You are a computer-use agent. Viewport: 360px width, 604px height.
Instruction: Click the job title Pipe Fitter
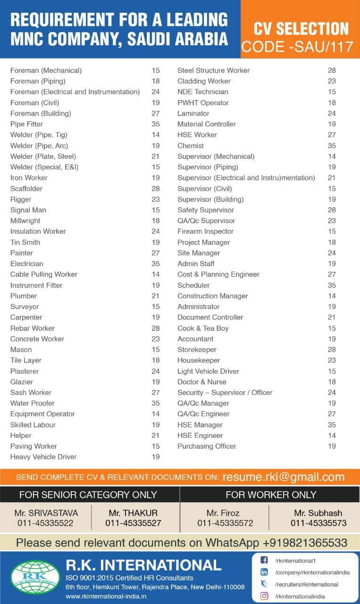tap(26, 124)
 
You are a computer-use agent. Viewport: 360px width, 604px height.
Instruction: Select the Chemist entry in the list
tap(191, 146)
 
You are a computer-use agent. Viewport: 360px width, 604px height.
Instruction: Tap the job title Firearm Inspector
tap(205, 231)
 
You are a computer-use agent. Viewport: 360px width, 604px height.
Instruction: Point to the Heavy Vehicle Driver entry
tap(43, 457)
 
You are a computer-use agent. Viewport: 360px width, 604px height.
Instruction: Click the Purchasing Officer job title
tap(207, 446)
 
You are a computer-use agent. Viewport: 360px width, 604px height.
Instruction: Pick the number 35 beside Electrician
tap(156, 264)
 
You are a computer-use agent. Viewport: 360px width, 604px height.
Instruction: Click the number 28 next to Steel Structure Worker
tap(332, 70)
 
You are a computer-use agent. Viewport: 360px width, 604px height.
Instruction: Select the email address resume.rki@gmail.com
tap(284, 477)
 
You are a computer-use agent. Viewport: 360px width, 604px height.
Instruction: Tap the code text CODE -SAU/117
tap(295, 47)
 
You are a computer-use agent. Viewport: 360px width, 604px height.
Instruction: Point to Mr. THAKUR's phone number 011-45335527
tap(133, 523)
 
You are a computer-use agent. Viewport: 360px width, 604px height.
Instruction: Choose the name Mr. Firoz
tap(223, 513)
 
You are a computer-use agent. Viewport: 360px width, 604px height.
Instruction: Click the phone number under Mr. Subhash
tap(318, 523)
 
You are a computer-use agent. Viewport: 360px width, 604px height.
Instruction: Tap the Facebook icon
tap(265, 561)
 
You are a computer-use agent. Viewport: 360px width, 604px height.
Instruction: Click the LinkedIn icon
tap(265, 572)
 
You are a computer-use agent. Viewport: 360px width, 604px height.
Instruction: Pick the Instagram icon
tap(265, 596)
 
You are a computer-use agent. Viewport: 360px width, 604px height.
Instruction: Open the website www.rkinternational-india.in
tap(106, 596)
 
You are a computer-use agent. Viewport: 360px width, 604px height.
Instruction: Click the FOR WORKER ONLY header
tap(271, 495)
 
